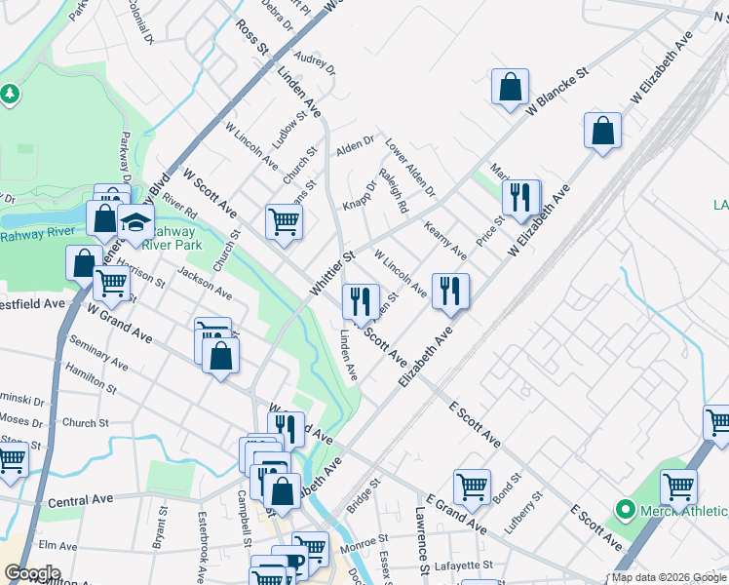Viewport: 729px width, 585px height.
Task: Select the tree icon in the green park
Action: (11, 94)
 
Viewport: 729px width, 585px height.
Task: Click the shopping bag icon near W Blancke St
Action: (510, 87)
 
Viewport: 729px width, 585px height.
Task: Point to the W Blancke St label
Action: (559, 93)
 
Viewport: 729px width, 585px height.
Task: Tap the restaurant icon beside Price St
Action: (520, 197)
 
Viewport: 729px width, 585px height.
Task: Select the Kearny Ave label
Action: (445, 240)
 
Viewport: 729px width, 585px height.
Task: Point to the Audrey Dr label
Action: (315, 63)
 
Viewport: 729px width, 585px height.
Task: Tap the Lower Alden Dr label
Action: (409, 165)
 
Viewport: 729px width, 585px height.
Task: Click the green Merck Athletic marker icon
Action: (625, 509)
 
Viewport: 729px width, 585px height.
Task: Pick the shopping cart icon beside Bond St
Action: (472, 485)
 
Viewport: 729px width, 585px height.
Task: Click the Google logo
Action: (32, 573)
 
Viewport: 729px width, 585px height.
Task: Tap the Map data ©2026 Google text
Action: (669, 577)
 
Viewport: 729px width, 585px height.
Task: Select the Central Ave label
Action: (81, 501)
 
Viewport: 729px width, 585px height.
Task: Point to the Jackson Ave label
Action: (205, 284)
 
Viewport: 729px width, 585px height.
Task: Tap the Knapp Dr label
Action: (359, 195)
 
